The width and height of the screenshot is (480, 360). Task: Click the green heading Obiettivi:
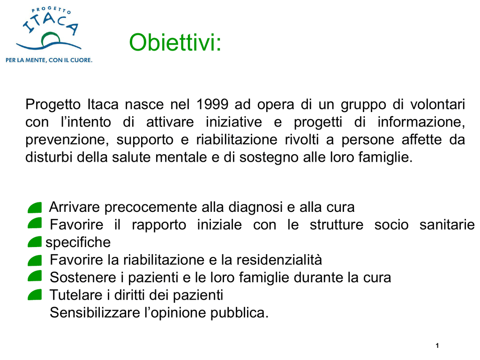(175, 42)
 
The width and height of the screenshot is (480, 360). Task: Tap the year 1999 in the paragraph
(212, 105)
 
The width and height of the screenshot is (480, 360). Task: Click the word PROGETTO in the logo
(52, 11)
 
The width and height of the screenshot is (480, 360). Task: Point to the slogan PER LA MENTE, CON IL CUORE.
(49, 60)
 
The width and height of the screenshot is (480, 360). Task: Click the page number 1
(437, 345)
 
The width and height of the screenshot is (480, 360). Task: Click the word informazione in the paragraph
(421, 122)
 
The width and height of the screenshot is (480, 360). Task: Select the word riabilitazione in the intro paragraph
(237, 140)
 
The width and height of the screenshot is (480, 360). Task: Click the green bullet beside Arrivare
(35, 208)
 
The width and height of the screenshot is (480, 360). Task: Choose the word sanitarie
(447, 225)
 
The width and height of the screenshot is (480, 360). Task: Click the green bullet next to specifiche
(35, 242)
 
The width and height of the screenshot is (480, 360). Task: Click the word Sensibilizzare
(95, 313)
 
